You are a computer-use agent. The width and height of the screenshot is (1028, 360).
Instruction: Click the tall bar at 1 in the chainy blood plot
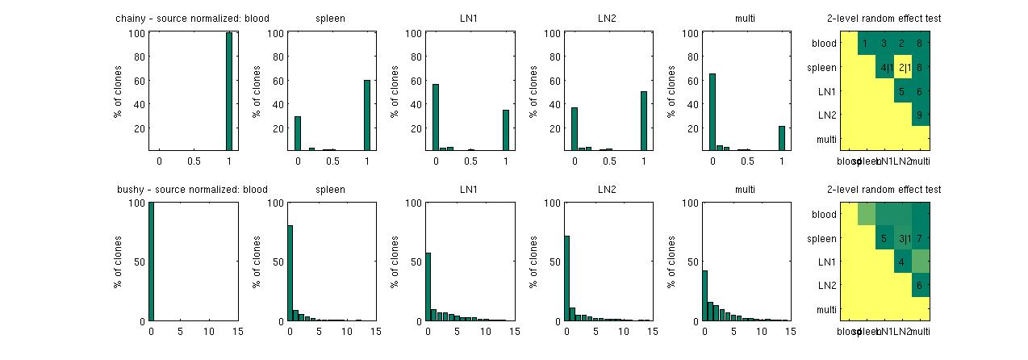point(228,91)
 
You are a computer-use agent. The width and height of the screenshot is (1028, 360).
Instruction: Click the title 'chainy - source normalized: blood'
point(192,18)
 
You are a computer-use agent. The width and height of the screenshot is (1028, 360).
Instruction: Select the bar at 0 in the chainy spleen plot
point(298,132)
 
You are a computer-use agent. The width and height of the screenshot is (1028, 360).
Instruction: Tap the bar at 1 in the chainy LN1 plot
point(505,129)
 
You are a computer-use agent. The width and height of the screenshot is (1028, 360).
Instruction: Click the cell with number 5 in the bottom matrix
point(884,238)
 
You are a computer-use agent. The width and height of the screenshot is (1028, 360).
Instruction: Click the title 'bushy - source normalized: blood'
point(191,190)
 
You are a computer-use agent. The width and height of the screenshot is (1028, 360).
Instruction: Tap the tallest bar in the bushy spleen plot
point(290,273)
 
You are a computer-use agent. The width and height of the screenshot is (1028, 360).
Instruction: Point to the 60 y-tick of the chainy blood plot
point(137,81)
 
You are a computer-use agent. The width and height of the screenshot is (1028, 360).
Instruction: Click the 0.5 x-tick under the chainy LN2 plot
point(608,161)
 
